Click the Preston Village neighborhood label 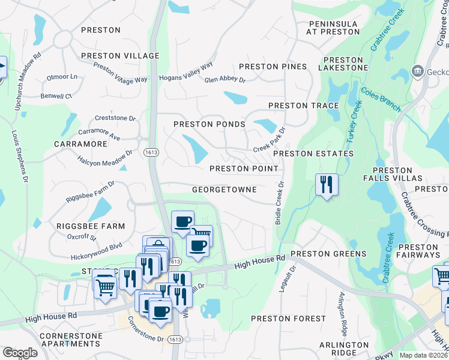click(120, 56)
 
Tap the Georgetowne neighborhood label click(224, 190)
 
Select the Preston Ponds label click(209, 124)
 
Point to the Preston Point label click(244, 169)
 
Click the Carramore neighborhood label click(80, 145)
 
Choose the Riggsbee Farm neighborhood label click(91, 226)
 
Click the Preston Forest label click(283, 319)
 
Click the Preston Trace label click(304, 106)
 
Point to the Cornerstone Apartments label click(70, 340)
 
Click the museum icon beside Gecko click(417, 72)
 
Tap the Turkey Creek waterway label click(354, 122)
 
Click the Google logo click(20, 353)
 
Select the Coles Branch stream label click(381, 100)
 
